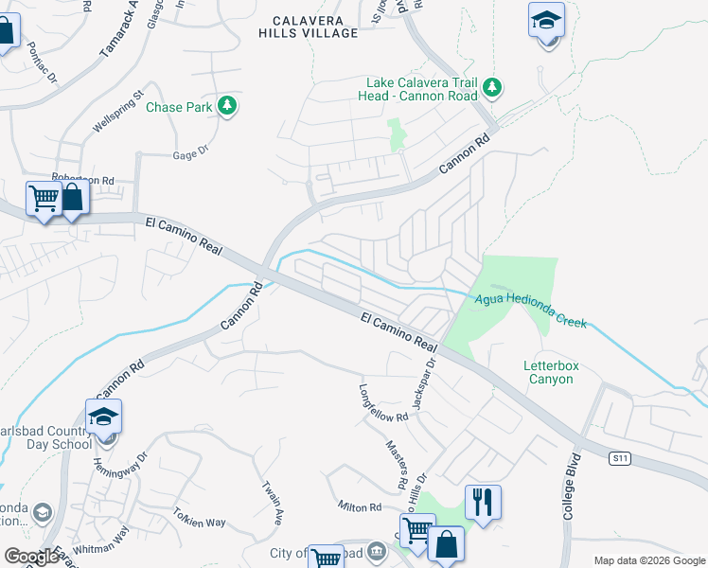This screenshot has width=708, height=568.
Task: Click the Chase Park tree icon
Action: point(226,106)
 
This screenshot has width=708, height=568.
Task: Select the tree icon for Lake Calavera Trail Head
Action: point(491,89)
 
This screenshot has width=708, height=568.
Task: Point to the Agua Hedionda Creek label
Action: point(530,310)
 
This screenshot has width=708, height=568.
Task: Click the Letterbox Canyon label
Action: point(549,372)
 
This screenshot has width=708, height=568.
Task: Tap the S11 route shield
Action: point(619,458)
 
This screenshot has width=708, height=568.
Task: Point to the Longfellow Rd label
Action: point(383,403)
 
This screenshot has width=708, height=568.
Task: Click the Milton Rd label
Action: point(361,507)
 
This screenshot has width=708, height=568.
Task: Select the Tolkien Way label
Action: point(201,522)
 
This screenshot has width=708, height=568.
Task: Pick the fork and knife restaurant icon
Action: point(483,501)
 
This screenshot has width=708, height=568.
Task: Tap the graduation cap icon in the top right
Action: point(545,21)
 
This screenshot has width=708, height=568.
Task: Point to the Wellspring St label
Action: point(117,111)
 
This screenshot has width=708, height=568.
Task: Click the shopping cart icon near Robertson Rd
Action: point(44,200)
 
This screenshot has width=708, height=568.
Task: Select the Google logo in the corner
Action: point(31,557)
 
